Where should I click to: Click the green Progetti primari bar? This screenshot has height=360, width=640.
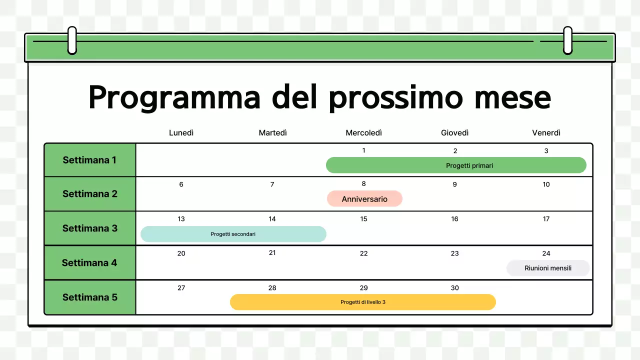pyautogui.click(x=455, y=165)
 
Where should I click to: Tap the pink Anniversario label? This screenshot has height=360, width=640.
pyautogui.click(x=364, y=199)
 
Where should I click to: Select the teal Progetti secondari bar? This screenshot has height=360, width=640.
pyautogui.click(x=233, y=234)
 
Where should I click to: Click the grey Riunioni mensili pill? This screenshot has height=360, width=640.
pyautogui.click(x=548, y=268)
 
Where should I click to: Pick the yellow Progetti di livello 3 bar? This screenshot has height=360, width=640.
pyautogui.click(x=362, y=302)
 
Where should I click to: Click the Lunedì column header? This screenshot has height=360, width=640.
pyautogui.click(x=181, y=132)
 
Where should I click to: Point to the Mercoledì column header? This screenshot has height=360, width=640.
pyautogui.click(x=363, y=132)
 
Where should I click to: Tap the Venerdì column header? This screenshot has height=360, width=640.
pyautogui.click(x=546, y=132)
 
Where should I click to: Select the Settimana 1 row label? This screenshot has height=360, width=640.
pyautogui.click(x=89, y=160)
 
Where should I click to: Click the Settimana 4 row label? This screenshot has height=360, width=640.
pyautogui.click(x=89, y=262)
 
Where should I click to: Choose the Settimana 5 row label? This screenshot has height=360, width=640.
pyautogui.click(x=89, y=297)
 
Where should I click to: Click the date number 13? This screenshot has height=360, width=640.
pyautogui.click(x=181, y=219)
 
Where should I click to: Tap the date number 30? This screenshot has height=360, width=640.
pyautogui.click(x=454, y=288)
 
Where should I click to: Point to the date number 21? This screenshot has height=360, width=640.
pyautogui.click(x=272, y=253)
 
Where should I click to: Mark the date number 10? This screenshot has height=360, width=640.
pyautogui.click(x=546, y=184)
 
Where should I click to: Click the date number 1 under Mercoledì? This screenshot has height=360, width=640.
pyautogui.click(x=363, y=150)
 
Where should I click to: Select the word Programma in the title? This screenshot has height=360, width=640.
pyautogui.click(x=174, y=98)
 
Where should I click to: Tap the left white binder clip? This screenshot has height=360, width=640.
pyautogui.click(x=72, y=40)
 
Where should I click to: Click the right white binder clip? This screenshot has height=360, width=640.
pyautogui.click(x=567, y=40)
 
